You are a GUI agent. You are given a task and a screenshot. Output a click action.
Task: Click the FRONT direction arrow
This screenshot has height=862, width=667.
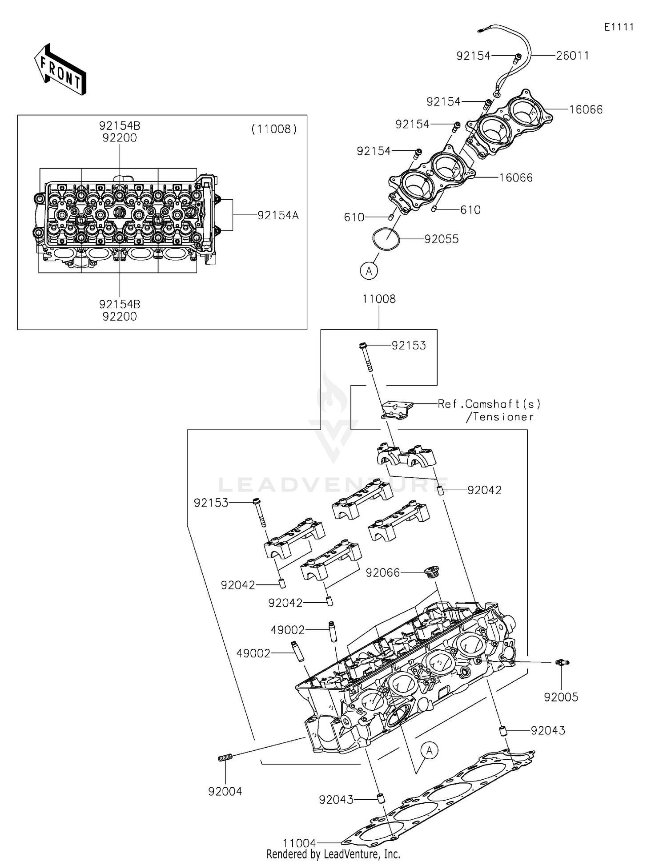(60, 70)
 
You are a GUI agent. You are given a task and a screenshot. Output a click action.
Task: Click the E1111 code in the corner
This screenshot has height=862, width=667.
(619, 27)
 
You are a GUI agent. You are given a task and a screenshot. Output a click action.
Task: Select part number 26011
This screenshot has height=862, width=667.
(572, 56)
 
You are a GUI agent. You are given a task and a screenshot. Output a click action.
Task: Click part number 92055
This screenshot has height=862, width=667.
(441, 239)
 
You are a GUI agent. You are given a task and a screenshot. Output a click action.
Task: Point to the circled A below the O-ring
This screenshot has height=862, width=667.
(369, 270)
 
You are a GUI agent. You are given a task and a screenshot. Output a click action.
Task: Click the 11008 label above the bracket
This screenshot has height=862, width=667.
(379, 299)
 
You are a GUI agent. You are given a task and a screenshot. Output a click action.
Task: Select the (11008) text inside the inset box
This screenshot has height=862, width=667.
(274, 129)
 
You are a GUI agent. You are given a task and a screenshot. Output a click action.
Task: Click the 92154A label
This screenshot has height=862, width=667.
(278, 215)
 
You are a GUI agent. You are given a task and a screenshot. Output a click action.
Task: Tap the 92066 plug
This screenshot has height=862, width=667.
(431, 571)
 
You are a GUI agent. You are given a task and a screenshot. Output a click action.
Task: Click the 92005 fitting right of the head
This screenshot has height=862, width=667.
(562, 663)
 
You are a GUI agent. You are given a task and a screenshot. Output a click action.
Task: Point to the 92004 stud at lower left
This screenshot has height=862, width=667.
(225, 758)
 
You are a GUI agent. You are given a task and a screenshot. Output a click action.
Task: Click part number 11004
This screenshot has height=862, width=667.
(299, 843)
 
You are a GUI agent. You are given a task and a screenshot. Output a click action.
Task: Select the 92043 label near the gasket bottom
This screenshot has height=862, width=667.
(336, 800)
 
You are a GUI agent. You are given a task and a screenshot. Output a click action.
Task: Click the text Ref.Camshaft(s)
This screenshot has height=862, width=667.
(489, 404)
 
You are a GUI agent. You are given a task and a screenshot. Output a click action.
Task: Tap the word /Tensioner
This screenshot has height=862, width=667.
(500, 417)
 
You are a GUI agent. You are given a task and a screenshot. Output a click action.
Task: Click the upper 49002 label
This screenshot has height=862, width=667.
(288, 630)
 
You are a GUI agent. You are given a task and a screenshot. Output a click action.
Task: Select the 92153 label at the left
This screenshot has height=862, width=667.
(211, 503)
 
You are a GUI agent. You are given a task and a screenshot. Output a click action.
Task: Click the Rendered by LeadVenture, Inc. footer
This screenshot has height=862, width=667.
(333, 854)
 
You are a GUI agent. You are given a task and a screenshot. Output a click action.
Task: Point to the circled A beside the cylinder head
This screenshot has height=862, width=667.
(429, 751)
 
